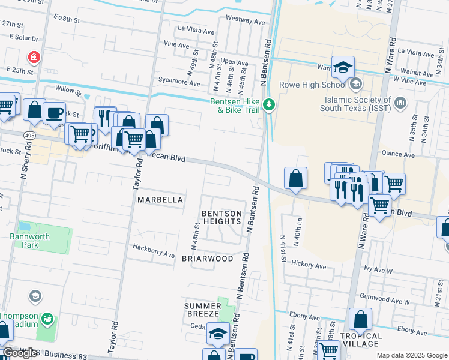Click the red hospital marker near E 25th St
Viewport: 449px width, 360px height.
tap(34, 57)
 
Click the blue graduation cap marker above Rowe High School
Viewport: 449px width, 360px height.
tap(343, 67)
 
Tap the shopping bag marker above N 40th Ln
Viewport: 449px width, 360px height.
tap(296, 178)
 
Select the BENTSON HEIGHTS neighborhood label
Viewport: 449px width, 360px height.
tap(221, 217)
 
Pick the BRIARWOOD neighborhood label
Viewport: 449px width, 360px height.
tap(207, 259)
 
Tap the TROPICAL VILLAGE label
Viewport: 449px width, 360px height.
tap(361, 340)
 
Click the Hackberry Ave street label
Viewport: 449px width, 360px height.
tap(154, 250)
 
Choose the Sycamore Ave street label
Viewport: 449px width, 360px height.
tap(178, 79)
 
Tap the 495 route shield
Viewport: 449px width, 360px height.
tap(29, 136)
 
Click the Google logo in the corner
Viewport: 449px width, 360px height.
tap(20, 353)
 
